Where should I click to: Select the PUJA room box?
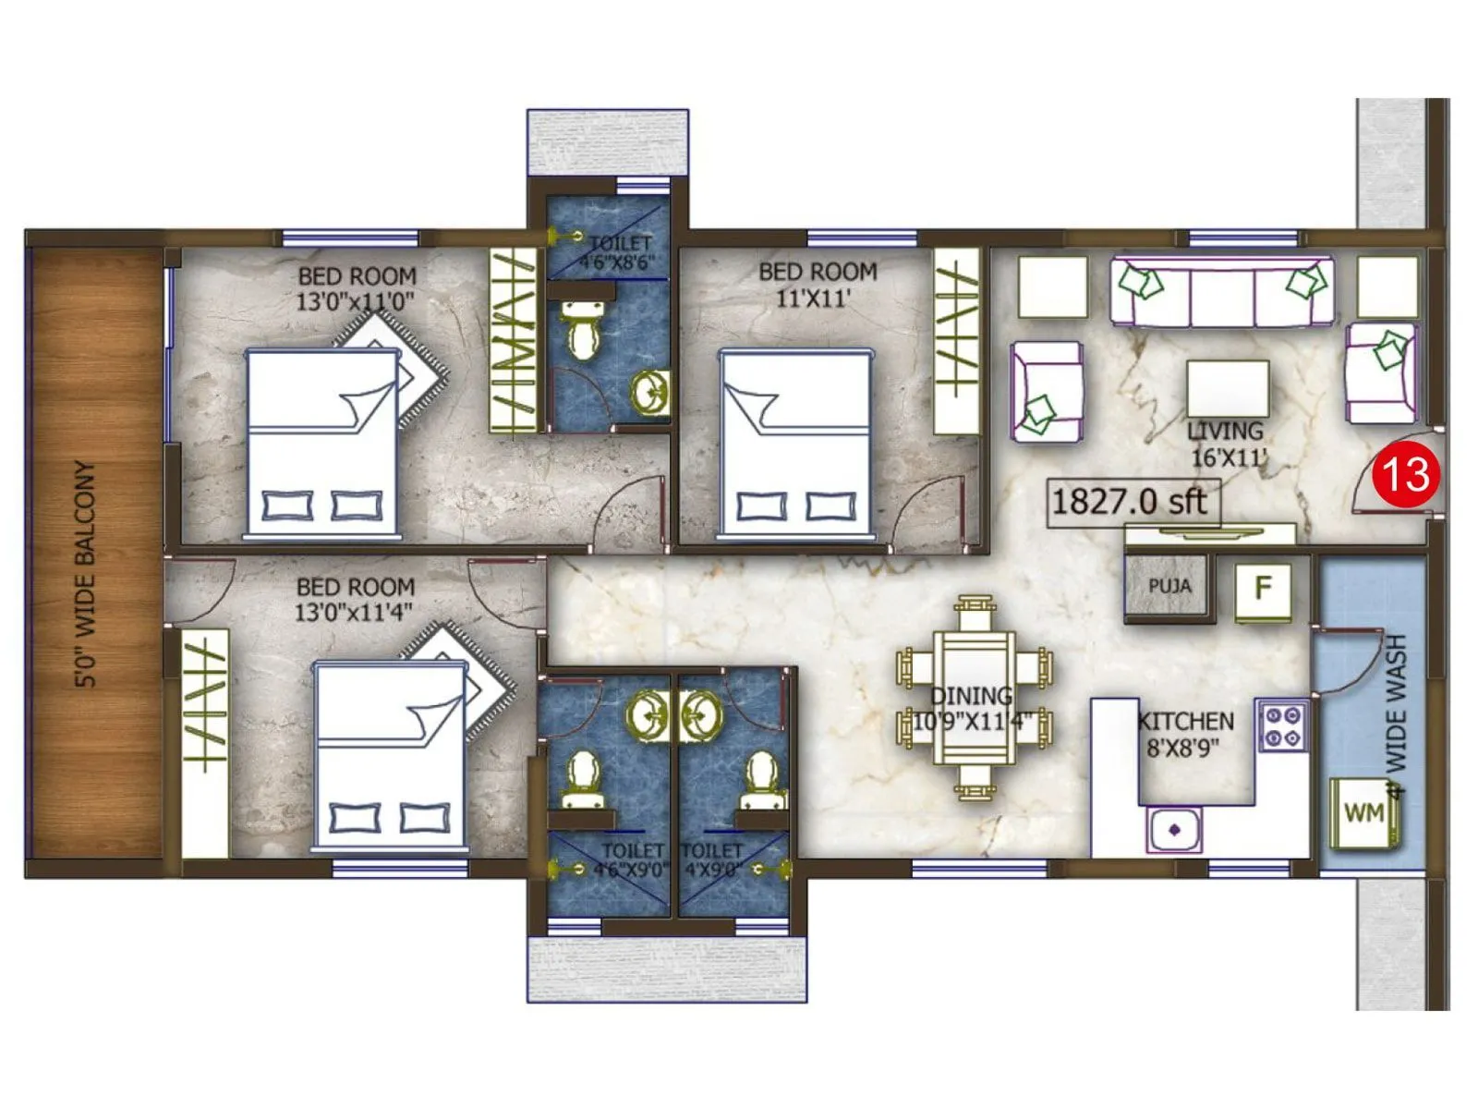coord(1168,585)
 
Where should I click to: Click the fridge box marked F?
coord(1263,589)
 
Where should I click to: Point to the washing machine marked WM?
coord(1363,813)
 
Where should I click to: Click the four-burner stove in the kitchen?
coord(1282,726)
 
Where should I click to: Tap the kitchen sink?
coord(1174,829)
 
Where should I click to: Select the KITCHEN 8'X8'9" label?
coord(1185,734)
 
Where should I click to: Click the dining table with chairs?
coord(975,698)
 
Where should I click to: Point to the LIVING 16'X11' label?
coord(1226,444)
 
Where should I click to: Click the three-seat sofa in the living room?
coord(1222,292)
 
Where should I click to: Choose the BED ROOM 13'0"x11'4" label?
coord(355,599)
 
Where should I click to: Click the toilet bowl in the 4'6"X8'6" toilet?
coord(583,335)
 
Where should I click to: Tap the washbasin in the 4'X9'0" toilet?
coord(702,714)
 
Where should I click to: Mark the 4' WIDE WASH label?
coord(1396,715)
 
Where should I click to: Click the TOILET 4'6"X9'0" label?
coord(633,859)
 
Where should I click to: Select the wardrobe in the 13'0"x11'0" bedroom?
coord(513,341)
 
